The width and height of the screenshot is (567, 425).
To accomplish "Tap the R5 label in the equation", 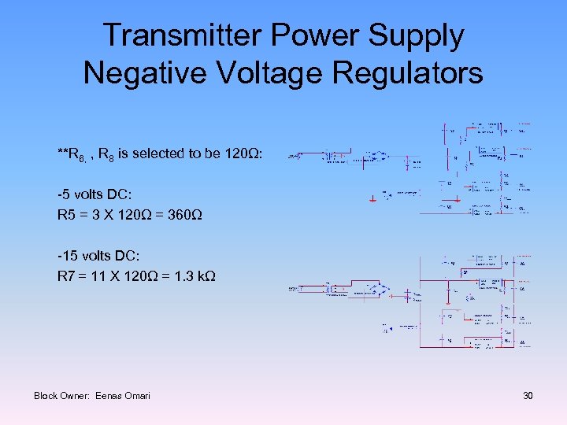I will [x=65, y=215].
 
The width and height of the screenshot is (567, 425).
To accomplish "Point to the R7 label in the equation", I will [x=65, y=276].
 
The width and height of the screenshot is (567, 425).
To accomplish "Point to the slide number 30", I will [x=528, y=395].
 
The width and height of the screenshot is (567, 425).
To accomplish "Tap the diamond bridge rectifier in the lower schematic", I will [x=379, y=290].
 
